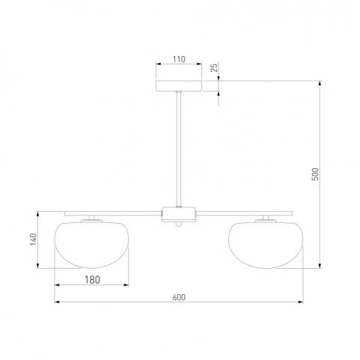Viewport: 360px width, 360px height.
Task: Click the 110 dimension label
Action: click(179, 59)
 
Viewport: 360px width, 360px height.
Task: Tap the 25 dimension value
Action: click(214, 67)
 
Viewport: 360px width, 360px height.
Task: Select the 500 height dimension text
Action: click(315, 174)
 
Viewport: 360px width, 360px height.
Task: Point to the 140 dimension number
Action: click(33, 240)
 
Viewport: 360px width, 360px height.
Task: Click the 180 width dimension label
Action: click(92, 280)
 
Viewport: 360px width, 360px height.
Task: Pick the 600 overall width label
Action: click(179, 297)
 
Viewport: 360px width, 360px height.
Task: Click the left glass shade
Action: click(91, 245)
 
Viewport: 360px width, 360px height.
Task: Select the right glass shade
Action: click(266, 245)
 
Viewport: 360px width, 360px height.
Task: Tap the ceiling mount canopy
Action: click(179, 86)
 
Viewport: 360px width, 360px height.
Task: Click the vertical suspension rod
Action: click(179, 149)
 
